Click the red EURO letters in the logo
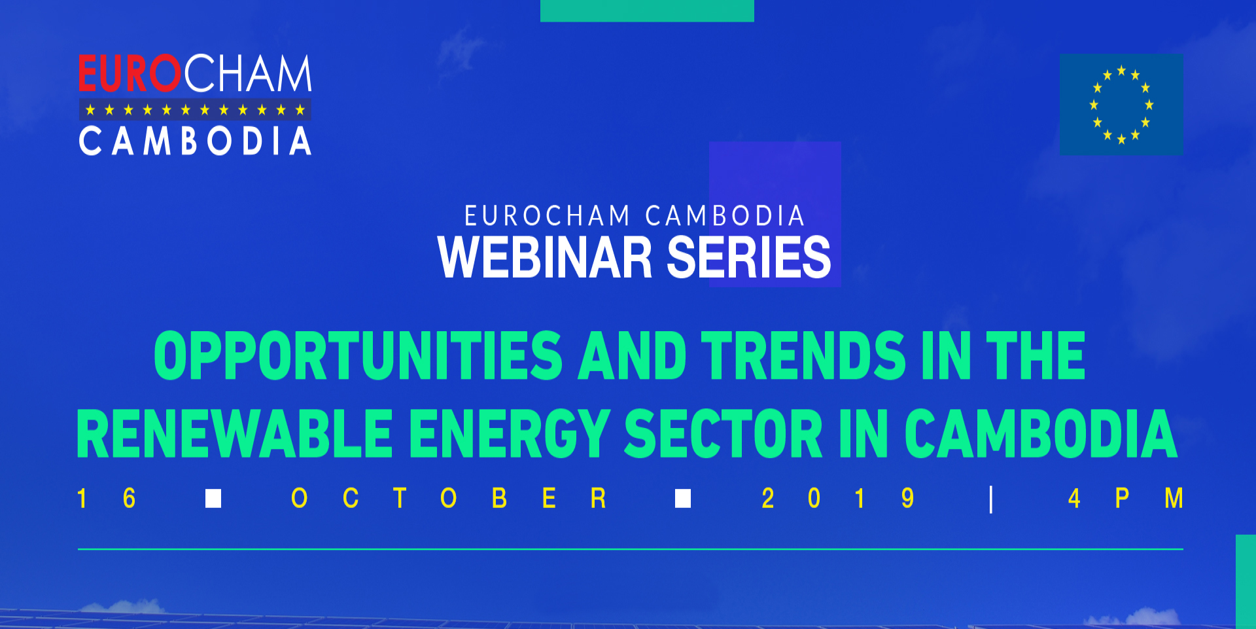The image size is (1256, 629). coord(130,73)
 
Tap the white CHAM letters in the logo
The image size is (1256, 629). coord(247,73)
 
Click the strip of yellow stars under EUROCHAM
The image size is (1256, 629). coord(195,109)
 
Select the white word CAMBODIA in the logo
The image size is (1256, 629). coord(195,141)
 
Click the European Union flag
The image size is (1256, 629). coord(1121,105)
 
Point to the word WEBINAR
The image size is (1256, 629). coord(545,257)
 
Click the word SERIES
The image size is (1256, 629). coord(749,257)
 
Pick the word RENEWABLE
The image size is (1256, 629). coord(235,434)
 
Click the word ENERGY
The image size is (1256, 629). coord(510,434)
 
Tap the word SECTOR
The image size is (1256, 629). coord(724,434)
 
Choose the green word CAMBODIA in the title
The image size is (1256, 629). coord(1041,434)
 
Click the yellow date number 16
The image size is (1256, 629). coord(106,499)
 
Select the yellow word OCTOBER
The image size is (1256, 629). coord(449,499)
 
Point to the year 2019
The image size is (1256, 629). coord(837,499)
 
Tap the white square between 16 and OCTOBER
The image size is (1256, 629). coord(213,499)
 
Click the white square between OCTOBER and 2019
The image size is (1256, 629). coord(683,499)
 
